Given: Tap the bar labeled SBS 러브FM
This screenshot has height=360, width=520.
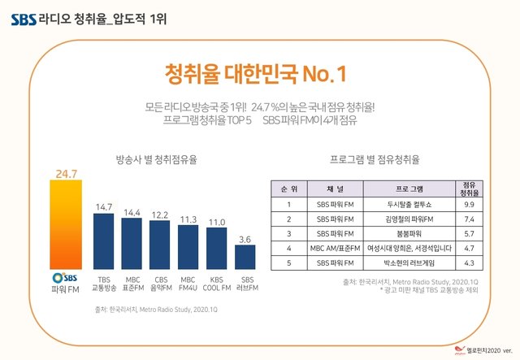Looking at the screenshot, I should [245, 256].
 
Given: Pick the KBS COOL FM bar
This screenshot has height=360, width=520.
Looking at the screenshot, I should [217, 248].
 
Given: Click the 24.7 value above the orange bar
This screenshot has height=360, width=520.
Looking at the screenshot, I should [66, 173].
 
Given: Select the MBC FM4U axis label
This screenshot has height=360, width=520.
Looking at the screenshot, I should [188, 284].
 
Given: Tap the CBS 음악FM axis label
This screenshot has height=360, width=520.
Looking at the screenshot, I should [160, 284].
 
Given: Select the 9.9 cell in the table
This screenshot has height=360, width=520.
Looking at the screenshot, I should [468, 205].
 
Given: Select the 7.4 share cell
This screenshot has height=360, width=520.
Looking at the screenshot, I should [468, 219].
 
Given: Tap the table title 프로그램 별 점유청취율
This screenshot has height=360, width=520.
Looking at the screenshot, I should [380, 159].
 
